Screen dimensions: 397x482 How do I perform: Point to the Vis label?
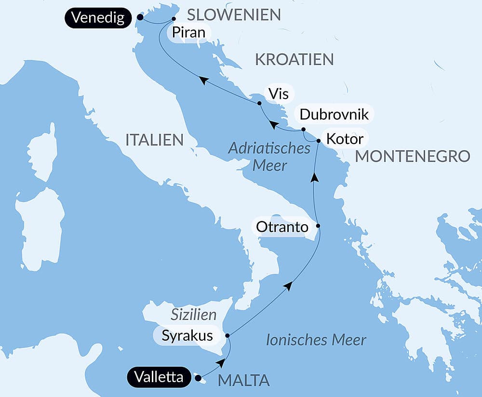(x=279, y=93)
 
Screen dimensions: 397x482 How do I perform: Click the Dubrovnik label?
(x=334, y=115)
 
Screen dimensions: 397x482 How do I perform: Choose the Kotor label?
(x=344, y=139)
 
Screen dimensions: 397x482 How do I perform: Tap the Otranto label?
(x=281, y=227)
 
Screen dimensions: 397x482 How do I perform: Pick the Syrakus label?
(x=187, y=335)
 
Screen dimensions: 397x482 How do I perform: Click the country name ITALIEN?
(x=154, y=140)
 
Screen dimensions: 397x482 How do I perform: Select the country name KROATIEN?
(x=294, y=60)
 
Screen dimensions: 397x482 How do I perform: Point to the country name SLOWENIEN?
(x=234, y=15)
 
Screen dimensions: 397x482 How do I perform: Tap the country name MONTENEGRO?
(x=412, y=156)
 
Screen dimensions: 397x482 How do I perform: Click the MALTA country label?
(x=243, y=380)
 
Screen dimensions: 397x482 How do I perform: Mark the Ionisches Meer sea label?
(x=316, y=340)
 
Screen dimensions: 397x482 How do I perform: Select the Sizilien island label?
(x=194, y=315)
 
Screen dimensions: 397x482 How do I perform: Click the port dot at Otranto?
(x=318, y=226)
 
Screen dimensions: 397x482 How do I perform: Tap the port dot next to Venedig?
(x=140, y=17)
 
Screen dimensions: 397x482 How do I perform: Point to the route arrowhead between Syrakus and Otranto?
(x=288, y=286)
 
